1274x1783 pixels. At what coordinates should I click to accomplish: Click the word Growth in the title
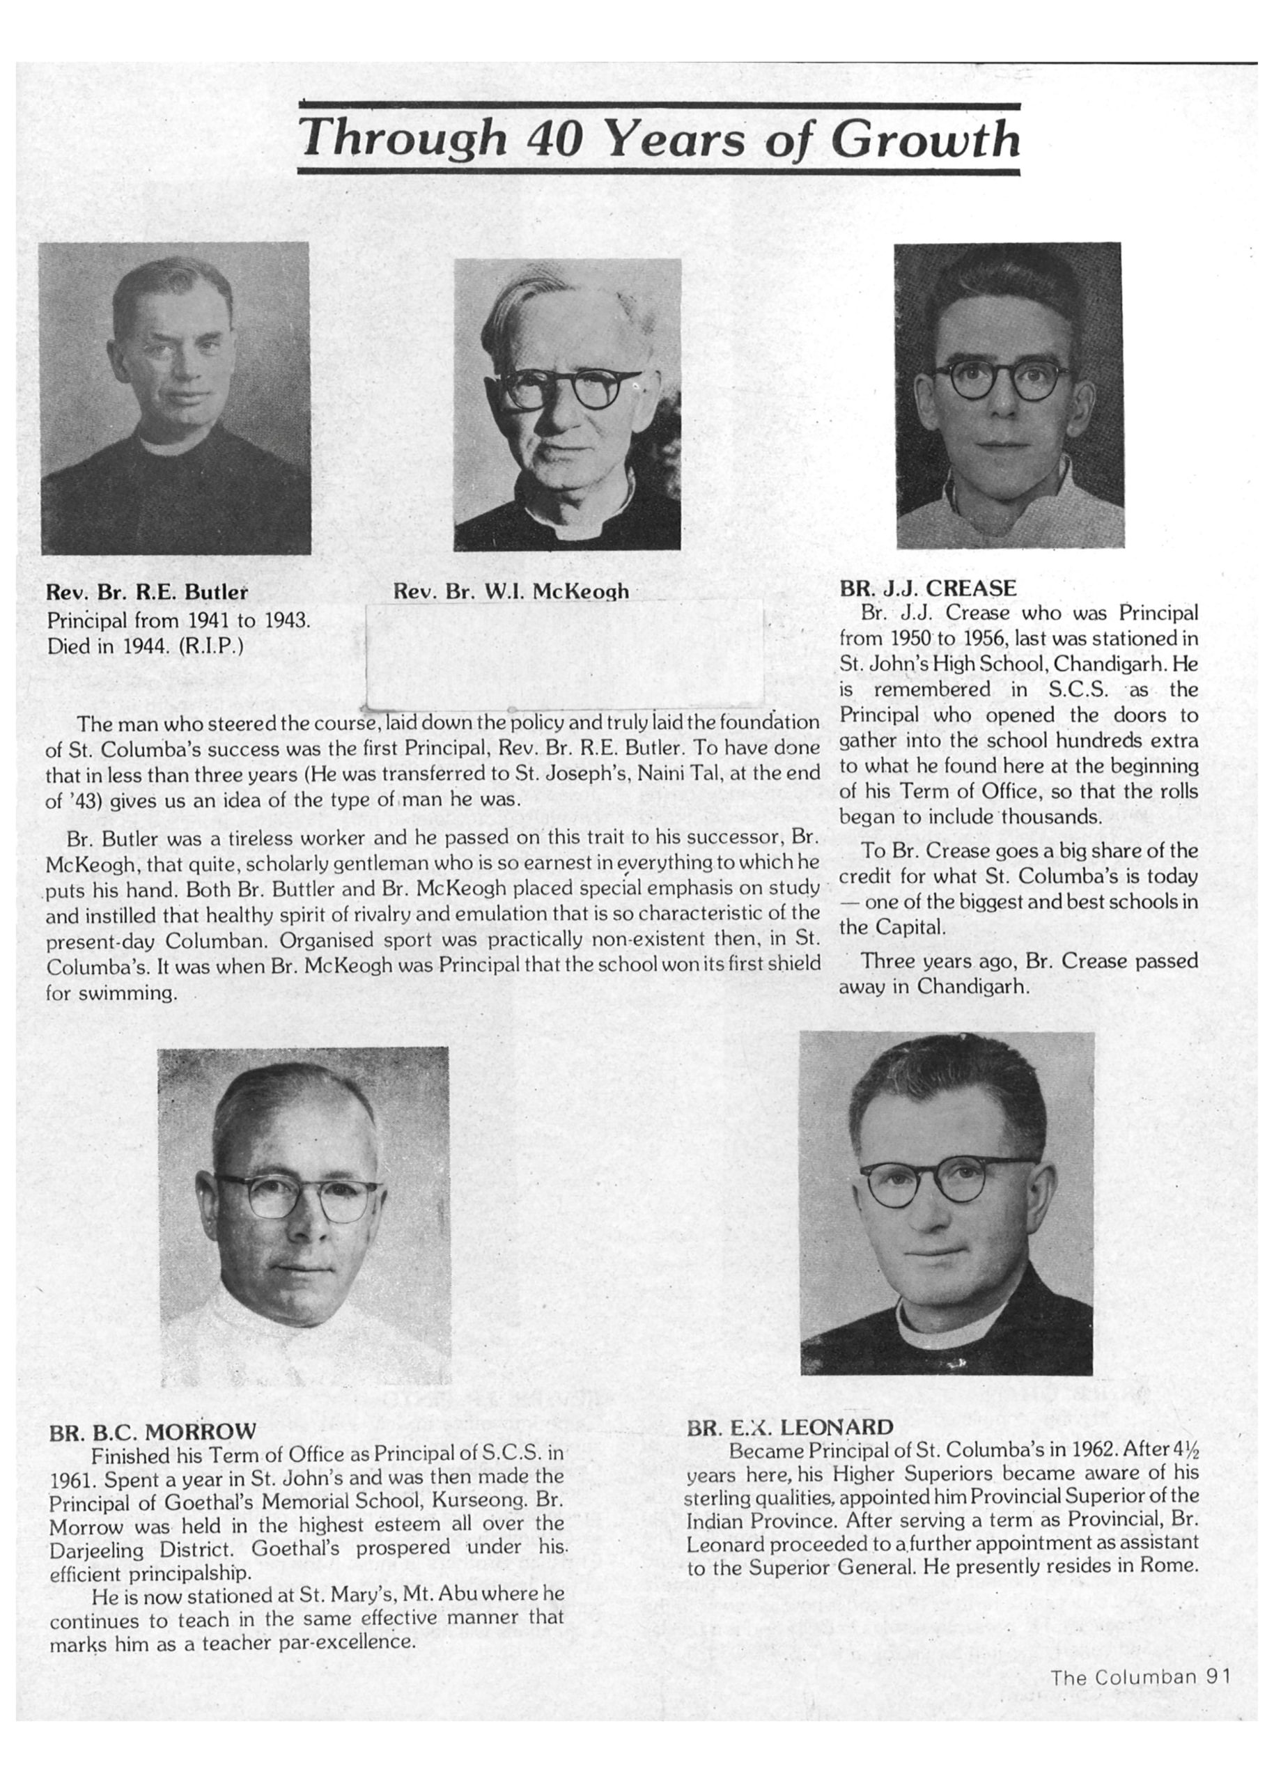coord(925,139)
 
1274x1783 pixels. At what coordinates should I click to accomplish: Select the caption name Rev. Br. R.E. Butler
coord(148,593)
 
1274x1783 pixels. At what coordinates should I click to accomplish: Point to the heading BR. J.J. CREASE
coord(928,589)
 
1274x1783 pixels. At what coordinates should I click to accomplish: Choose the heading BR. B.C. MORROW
coord(152,1431)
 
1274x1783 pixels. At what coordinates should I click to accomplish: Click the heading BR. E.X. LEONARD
coord(790,1427)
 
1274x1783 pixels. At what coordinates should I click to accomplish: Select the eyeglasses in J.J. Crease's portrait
coord(1008,380)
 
